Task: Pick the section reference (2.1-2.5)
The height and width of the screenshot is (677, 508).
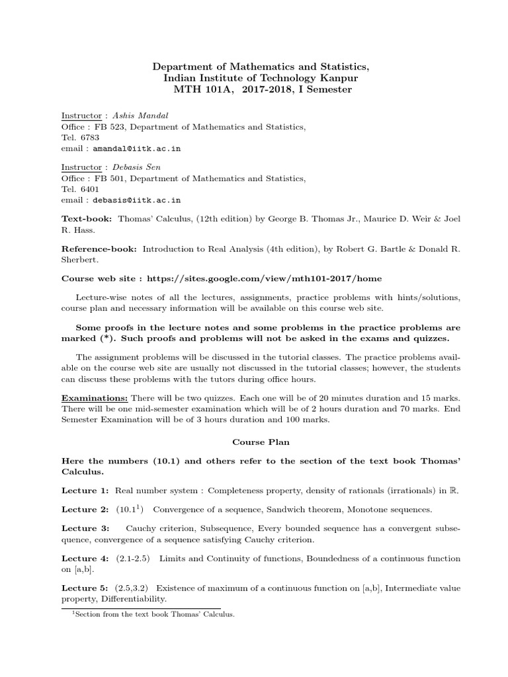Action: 134,559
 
